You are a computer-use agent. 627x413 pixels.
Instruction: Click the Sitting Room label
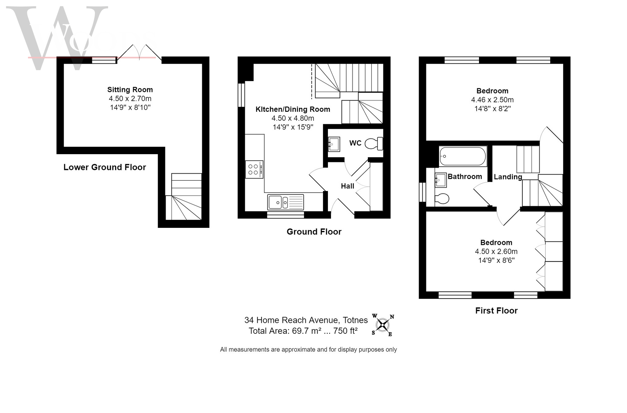130,90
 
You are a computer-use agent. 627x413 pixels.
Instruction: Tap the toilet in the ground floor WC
374,144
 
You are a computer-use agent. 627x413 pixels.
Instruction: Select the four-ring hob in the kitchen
254,169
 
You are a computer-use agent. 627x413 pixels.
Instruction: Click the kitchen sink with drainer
285,202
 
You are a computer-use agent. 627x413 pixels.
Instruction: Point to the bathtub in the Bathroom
463,156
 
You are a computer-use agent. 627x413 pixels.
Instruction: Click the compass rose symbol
383,325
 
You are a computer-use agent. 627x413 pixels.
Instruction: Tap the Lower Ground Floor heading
105,167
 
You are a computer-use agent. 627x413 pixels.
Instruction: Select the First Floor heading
496,311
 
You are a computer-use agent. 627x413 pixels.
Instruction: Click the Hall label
347,186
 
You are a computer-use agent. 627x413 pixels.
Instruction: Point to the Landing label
508,177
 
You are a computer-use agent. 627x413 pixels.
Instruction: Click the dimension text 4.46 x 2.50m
492,100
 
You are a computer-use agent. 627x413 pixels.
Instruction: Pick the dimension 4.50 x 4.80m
293,118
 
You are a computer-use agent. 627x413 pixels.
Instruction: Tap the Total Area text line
303,331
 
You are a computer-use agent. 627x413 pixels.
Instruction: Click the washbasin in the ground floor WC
334,144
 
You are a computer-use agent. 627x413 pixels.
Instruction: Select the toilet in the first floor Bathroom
442,198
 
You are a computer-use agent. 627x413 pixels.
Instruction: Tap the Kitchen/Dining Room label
293,109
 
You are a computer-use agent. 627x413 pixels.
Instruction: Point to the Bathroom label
465,176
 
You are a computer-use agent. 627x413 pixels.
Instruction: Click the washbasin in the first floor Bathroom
441,180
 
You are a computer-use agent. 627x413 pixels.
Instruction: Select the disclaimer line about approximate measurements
308,350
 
